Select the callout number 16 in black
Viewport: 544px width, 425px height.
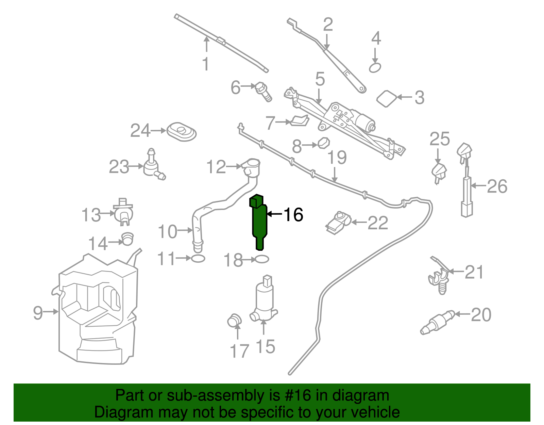click(293, 215)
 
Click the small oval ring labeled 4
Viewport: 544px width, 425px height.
click(375, 68)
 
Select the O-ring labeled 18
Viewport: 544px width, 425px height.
click(262, 260)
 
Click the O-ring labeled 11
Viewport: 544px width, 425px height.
click(198, 259)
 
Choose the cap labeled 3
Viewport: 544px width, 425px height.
click(387, 99)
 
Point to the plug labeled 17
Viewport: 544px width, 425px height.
click(234, 321)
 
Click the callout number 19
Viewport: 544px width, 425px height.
click(337, 158)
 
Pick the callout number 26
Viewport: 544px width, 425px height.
click(497, 186)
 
